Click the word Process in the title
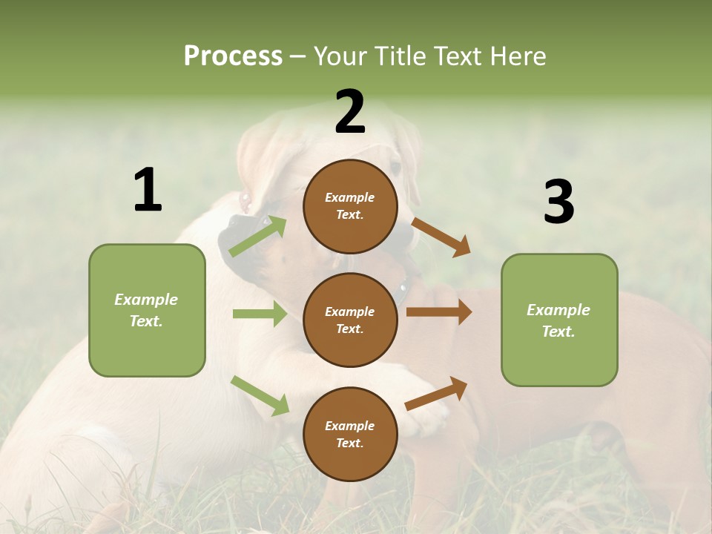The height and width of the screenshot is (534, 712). coord(233,56)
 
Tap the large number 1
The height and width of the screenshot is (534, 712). coord(147,190)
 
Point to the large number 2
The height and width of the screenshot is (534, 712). coord(350,112)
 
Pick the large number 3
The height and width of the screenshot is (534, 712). coord(558,202)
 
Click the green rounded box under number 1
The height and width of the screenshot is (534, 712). coord(147,310)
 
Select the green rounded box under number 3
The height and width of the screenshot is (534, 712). coord(559,320)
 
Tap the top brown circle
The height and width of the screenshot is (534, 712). coord(350,206)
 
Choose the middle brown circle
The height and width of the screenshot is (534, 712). coord(350,320)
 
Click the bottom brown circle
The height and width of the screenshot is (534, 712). coord(350,434)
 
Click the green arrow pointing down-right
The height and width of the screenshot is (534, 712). coord(260,395)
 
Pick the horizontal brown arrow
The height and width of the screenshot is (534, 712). coord(438,311)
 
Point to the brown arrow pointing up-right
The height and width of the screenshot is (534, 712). coord(436,394)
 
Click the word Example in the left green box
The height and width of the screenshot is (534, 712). coord(146,300)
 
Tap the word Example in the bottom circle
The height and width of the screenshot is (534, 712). coord(349,426)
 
